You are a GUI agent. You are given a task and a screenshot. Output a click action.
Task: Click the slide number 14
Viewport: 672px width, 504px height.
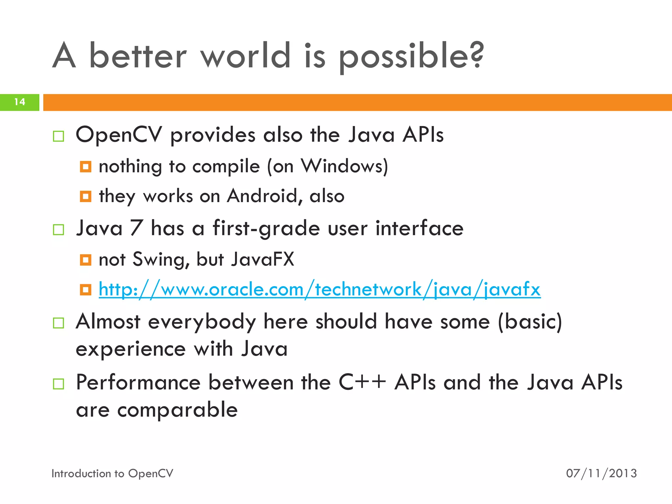20,102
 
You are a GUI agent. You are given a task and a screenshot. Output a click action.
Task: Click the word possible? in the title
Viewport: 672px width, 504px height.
411,56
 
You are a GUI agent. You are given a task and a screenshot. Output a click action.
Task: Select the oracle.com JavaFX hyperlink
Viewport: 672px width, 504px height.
320,289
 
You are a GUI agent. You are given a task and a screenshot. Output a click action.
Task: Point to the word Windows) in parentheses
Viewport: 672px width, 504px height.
345,166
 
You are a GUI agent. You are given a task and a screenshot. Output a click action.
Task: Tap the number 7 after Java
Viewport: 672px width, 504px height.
136,228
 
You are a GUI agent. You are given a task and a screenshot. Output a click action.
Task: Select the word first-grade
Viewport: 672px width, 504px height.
266,228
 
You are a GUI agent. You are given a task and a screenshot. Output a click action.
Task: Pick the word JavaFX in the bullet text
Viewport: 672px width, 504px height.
262,259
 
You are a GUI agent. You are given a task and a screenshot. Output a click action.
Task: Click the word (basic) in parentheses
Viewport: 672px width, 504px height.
530,322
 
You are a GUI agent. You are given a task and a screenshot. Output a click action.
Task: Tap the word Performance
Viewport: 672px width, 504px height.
138,383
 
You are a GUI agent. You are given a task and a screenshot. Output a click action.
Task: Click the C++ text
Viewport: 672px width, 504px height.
362,382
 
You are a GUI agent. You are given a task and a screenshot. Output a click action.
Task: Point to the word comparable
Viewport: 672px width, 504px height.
178,410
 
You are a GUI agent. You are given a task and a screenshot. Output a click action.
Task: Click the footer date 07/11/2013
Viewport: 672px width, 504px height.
601,473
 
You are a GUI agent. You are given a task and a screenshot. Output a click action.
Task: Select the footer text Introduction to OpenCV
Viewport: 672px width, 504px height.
112,473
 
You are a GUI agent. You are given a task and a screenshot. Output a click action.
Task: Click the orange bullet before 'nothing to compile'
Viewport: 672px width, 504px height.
86,167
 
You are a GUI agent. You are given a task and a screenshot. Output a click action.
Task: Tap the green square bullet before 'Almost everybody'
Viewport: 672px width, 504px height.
58,323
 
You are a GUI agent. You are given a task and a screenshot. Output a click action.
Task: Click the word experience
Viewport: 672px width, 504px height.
131,349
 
